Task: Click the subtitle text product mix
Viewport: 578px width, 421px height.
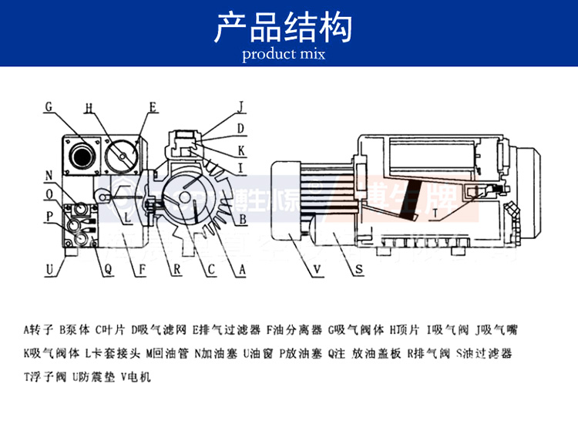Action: tap(283, 54)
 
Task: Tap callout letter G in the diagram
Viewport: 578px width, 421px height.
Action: tap(49, 107)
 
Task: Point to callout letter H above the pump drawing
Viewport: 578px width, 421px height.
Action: tap(89, 107)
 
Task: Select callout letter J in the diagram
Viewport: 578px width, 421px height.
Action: tap(240, 107)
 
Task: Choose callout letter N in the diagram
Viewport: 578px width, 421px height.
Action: tap(49, 175)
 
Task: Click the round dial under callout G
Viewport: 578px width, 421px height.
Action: tap(80, 152)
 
